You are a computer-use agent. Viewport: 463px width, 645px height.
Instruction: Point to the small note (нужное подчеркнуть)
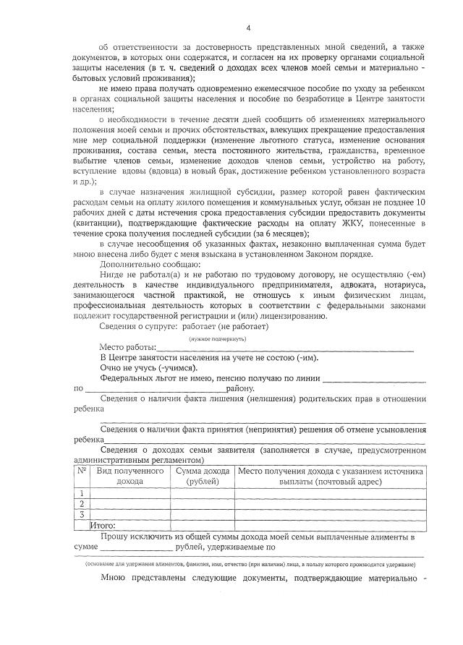pos(218,338)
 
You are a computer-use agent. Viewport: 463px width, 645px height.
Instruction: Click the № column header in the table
pos(81,471)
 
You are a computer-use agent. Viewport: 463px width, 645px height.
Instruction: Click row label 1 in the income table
pos(82,492)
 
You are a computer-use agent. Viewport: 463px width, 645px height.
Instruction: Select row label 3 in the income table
pos(82,514)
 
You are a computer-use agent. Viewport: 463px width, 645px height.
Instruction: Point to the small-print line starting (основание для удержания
pos(255,563)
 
